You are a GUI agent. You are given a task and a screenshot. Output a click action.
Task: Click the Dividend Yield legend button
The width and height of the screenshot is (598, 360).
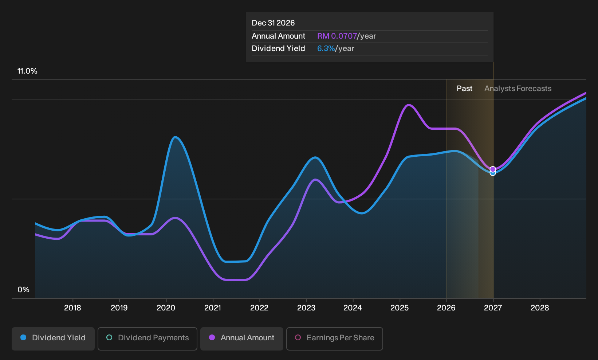coord(53,339)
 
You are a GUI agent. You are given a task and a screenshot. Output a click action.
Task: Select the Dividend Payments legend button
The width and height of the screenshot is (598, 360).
coord(147,339)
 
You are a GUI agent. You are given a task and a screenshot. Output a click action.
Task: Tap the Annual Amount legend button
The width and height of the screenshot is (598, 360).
coord(241,339)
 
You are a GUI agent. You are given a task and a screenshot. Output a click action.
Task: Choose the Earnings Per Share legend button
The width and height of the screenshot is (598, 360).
coord(334,339)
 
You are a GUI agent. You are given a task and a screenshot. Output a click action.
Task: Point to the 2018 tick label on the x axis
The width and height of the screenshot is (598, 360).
coord(72,308)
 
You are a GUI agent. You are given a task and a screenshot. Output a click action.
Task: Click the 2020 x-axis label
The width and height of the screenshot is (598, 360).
coord(166,308)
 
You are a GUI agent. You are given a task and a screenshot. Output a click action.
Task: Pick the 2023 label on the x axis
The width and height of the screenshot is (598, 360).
coord(306,308)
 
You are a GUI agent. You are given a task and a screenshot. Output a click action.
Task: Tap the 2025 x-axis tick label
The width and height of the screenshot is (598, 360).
coord(400,308)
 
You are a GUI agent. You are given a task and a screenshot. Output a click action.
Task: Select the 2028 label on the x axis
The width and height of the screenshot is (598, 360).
coord(540,308)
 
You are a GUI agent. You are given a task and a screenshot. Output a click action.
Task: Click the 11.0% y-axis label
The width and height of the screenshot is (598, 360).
coord(27,71)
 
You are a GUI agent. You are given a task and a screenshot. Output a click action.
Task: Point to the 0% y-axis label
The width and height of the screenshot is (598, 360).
coord(23,290)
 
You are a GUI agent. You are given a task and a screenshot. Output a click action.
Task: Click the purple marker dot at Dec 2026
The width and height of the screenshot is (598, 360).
coord(493,169)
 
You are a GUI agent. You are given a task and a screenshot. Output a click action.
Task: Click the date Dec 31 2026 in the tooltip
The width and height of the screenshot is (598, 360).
coord(273,23)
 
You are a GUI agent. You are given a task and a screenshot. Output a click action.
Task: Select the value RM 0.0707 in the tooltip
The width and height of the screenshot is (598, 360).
coord(337,36)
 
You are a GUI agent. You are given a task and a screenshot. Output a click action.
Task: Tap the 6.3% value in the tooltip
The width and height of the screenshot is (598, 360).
coord(326,48)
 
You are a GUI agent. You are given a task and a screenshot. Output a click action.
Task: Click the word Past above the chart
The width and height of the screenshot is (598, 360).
coord(464,89)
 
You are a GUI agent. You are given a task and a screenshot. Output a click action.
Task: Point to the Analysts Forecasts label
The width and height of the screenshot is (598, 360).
coord(518,89)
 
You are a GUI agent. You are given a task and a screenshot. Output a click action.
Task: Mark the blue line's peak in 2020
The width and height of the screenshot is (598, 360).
coord(175,137)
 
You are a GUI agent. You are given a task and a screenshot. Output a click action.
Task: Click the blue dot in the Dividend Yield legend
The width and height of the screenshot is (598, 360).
coord(24,337)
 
